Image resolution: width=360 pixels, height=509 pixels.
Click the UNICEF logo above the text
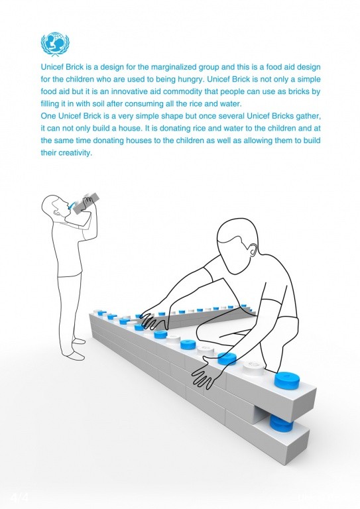coord(55,44)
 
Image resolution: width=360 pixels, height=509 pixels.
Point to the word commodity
coord(182,91)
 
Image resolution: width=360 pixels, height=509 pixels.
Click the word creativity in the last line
coord(76,153)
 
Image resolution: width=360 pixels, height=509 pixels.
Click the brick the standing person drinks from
coord(86,202)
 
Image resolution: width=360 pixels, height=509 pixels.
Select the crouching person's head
coord(236,246)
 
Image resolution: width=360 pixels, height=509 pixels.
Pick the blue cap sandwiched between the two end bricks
coord(281,423)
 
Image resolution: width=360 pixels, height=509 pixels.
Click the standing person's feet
coord(76,349)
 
